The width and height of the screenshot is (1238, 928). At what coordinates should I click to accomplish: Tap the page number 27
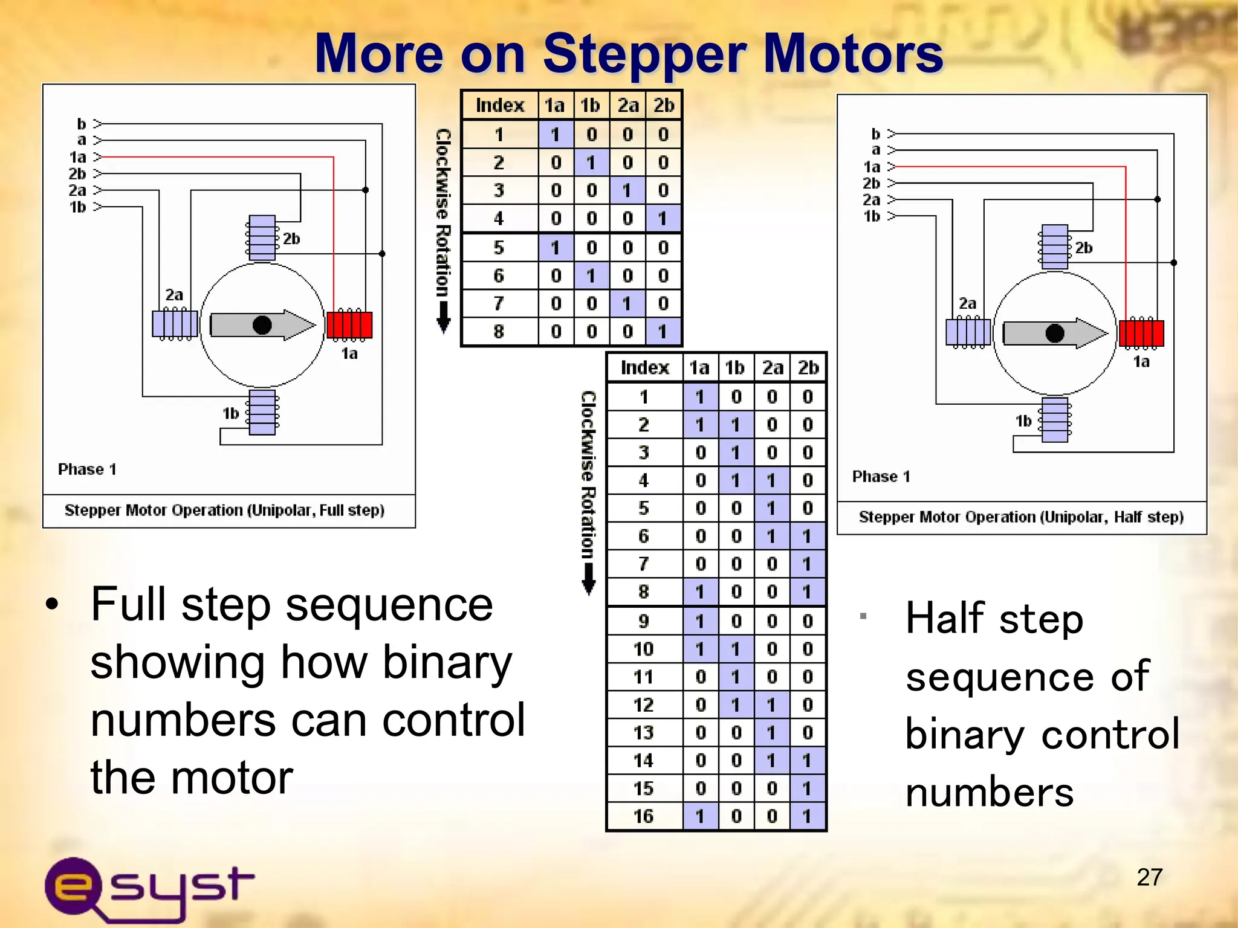(x=1149, y=877)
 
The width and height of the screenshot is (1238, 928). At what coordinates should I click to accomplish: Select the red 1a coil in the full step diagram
(x=349, y=325)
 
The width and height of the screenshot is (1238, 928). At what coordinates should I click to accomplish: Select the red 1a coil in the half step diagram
(x=1141, y=333)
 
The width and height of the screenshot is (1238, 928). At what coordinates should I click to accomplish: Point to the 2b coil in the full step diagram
(x=262, y=238)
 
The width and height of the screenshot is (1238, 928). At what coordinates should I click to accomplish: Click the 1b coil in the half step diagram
(x=1055, y=419)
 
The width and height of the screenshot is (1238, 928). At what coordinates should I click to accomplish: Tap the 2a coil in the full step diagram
(x=175, y=324)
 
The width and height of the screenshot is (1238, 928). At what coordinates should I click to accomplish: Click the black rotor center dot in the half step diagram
(x=1055, y=333)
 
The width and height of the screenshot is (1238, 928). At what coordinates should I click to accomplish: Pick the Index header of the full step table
(x=500, y=106)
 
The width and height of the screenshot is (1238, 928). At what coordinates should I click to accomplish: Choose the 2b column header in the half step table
(x=808, y=368)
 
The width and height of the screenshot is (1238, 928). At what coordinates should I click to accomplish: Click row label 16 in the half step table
(x=644, y=817)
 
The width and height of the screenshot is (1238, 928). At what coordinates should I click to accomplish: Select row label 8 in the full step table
(x=499, y=332)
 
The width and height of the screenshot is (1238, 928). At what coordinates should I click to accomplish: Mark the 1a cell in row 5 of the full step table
(x=556, y=248)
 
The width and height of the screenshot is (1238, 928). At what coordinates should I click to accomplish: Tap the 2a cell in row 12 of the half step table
(x=772, y=705)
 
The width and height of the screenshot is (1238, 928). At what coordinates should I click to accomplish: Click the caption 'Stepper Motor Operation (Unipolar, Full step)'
(x=224, y=511)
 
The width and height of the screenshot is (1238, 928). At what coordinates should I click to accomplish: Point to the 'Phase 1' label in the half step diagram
(x=881, y=477)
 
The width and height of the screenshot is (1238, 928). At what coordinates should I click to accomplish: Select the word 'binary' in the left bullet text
(x=447, y=663)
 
